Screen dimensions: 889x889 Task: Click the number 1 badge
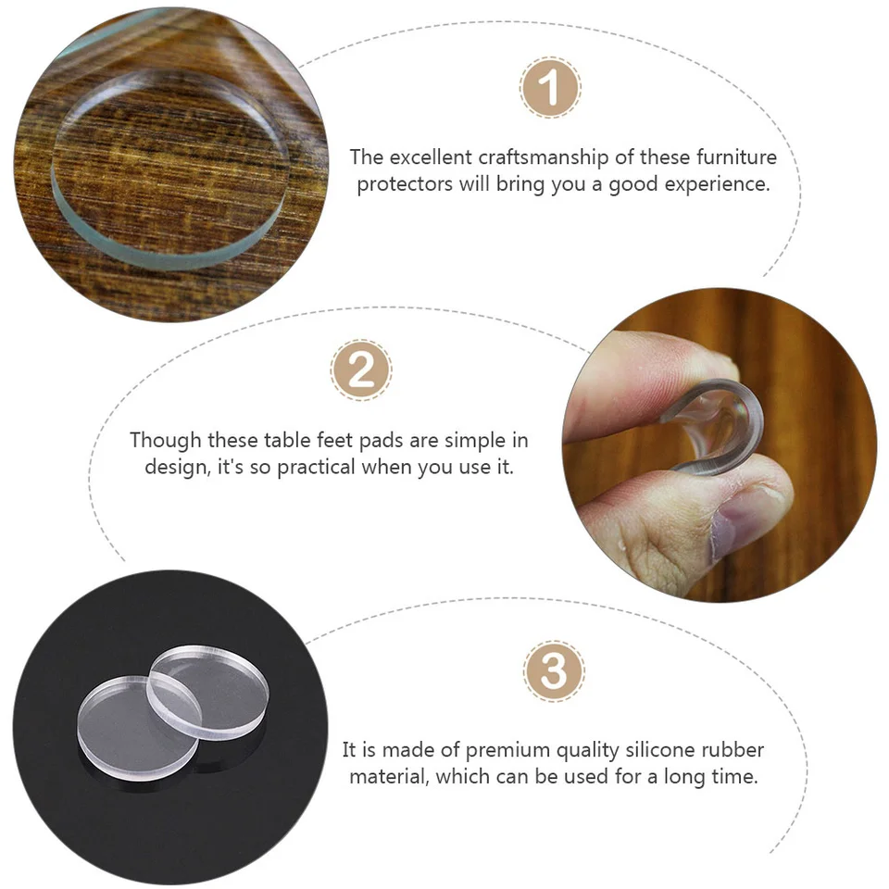click(549, 87)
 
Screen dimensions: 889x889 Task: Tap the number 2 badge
click(361, 370)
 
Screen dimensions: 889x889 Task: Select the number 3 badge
click(554, 671)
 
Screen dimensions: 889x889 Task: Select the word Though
click(166, 441)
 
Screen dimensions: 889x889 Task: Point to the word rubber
click(732, 750)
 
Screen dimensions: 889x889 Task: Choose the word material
click(389, 777)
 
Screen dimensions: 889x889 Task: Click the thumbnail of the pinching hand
click(719, 445)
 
